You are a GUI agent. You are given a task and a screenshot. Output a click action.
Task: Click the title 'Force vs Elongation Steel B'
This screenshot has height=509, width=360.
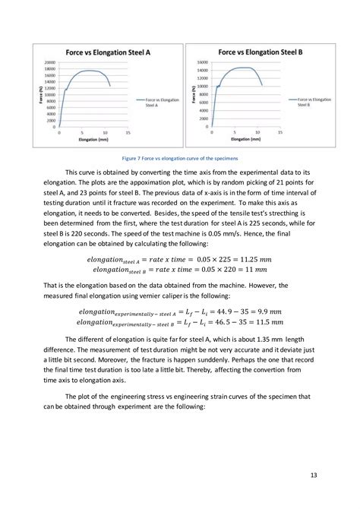[x=261, y=52]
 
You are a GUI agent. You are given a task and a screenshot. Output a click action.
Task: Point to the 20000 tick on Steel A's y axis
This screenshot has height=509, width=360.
[x=50, y=62]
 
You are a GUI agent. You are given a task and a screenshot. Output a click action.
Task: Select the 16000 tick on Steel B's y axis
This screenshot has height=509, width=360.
[x=202, y=62]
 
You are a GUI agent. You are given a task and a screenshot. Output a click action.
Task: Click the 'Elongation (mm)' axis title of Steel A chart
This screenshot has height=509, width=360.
[x=94, y=141]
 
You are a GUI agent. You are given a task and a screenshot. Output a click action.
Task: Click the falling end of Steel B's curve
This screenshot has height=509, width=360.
[x=262, y=84]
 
